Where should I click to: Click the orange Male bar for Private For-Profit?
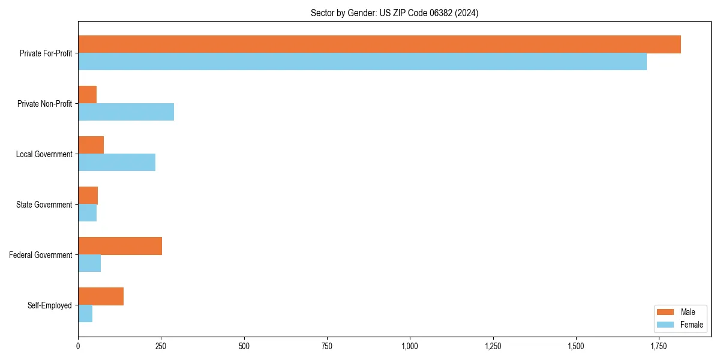pyautogui.click(x=379, y=44)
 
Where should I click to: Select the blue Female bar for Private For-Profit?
pyautogui.click(x=362, y=62)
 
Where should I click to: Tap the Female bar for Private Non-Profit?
pyautogui.click(x=126, y=112)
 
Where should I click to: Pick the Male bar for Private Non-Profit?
pyautogui.click(x=88, y=95)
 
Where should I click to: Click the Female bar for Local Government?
pyautogui.click(x=116, y=163)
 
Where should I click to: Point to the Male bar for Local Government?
pyautogui.click(x=91, y=145)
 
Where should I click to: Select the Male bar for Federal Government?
pyautogui.click(x=120, y=246)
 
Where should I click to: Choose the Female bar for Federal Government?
pyautogui.click(x=89, y=263)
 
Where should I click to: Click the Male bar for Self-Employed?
pyautogui.click(x=101, y=296)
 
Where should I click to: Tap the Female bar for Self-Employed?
pyautogui.click(x=85, y=314)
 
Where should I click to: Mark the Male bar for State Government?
pyautogui.click(x=88, y=196)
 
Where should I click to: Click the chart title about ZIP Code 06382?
pyautogui.click(x=394, y=13)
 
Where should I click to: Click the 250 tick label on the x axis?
pyautogui.click(x=161, y=347)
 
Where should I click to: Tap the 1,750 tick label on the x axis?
pyautogui.click(x=658, y=347)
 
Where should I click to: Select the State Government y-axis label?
pyautogui.click(x=44, y=205)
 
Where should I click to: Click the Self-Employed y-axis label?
pyautogui.click(x=50, y=305)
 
